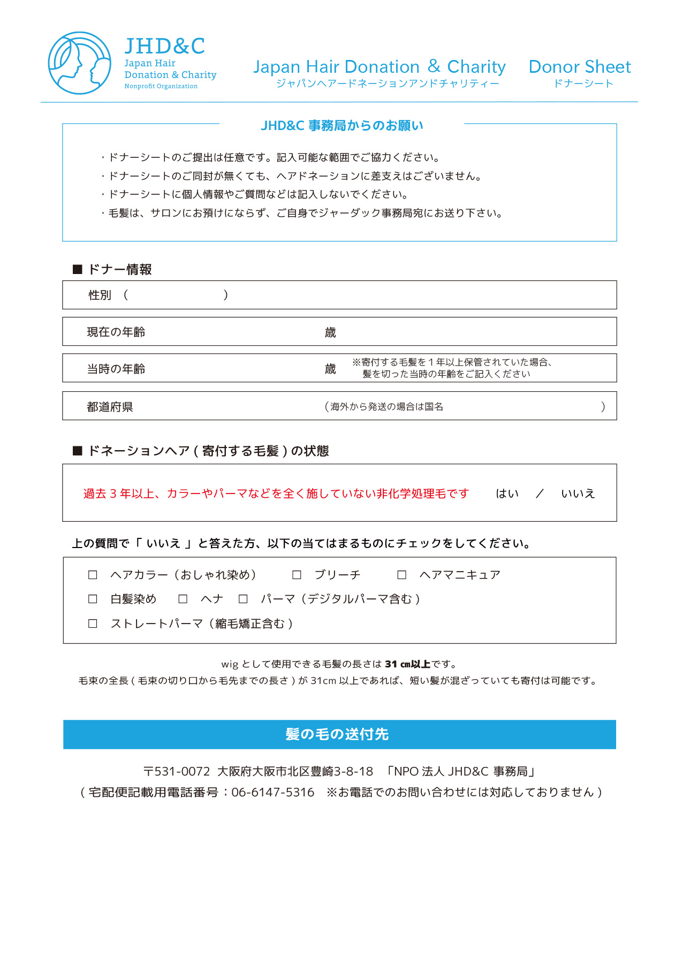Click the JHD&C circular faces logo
(79, 63)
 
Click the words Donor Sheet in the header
(580, 67)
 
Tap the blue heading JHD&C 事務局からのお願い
(342, 126)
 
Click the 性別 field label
(100, 295)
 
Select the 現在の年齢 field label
(116, 332)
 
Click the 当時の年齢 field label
(116, 369)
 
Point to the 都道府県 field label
(110, 407)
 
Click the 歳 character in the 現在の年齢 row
(330, 332)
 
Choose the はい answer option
(507, 493)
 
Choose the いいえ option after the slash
(578, 493)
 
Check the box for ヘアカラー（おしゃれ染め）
(93, 575)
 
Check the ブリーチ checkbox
(297, 575)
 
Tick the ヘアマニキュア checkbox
(401, 575)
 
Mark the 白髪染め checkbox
(93, 599)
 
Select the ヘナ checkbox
(183, 599)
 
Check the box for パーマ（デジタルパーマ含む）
(243, 599)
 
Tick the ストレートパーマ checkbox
(93, 624)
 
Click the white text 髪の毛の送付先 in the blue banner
(337, 734)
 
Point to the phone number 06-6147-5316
(273, 792)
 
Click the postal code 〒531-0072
(177, 771)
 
